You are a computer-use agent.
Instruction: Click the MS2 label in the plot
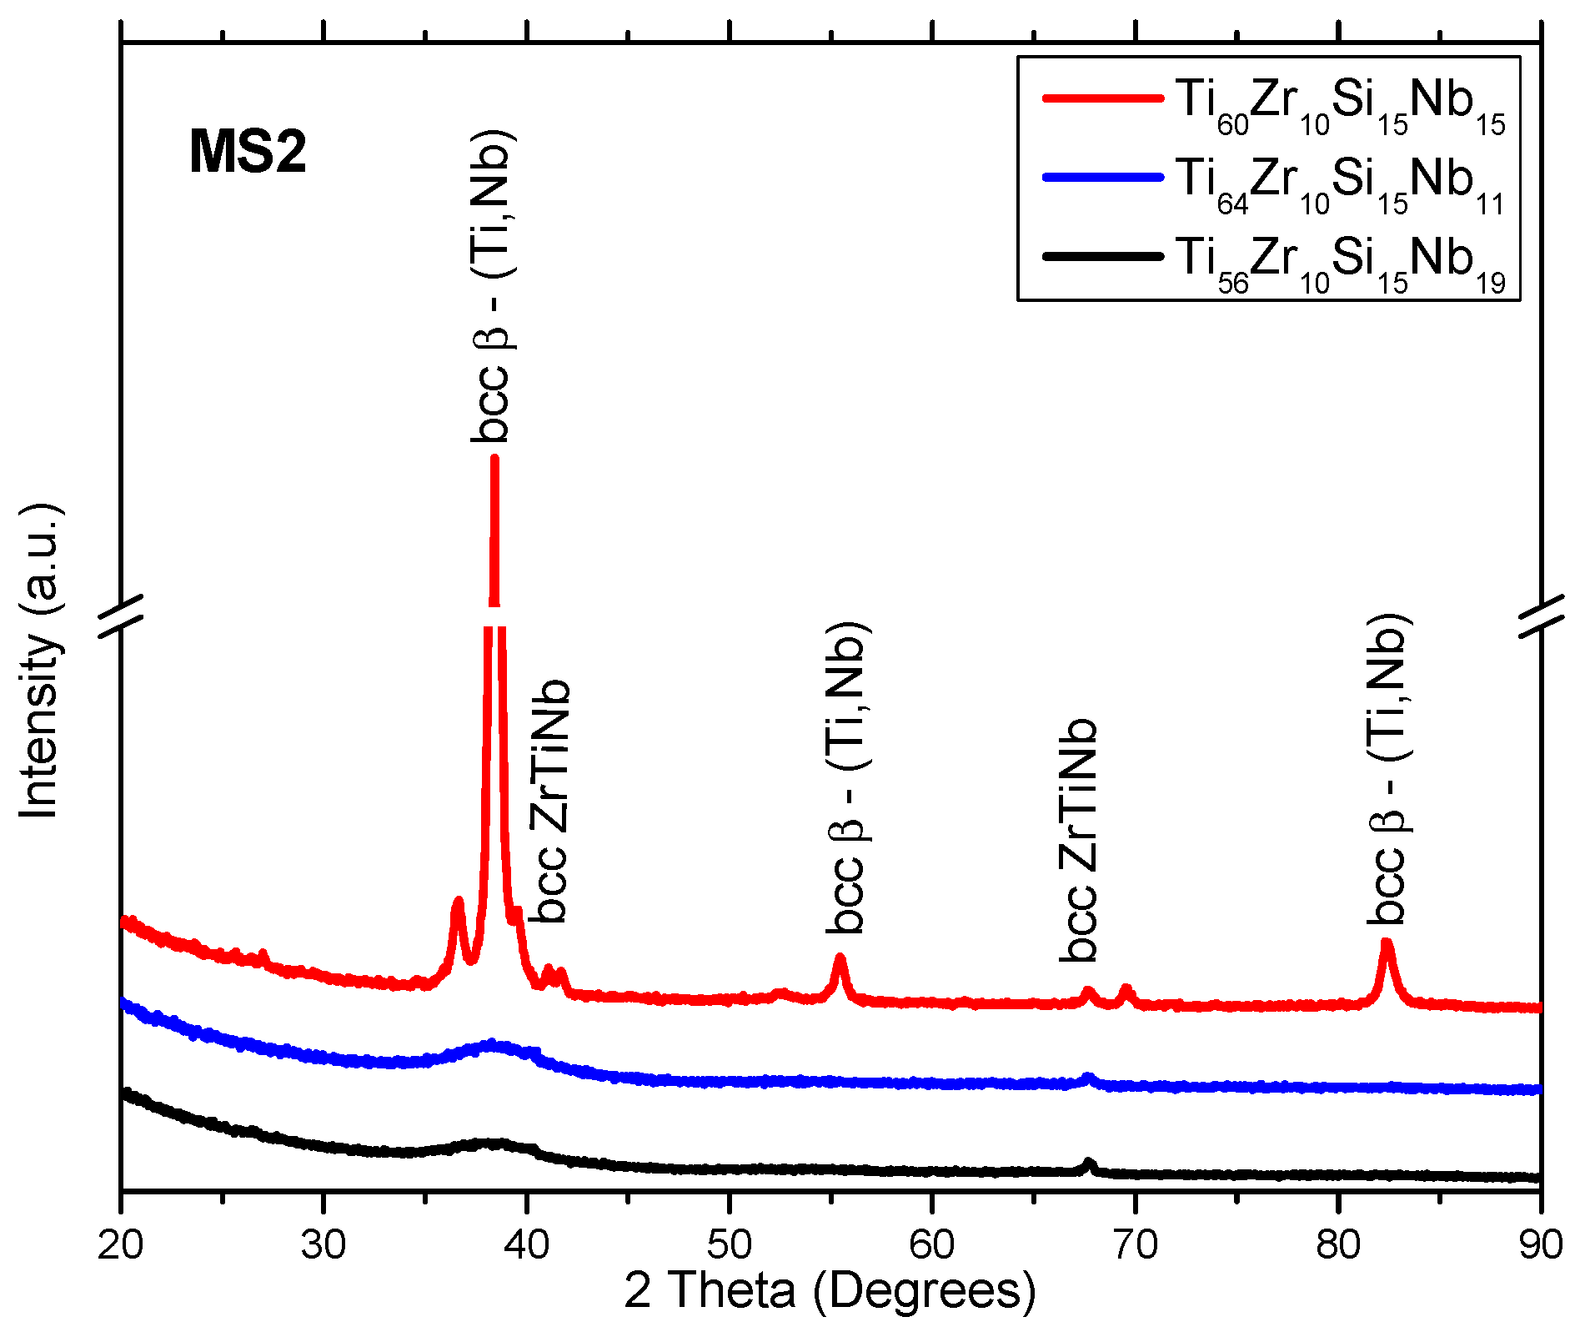(x=248, y=153)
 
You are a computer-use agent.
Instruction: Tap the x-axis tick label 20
(x=121, y=1244)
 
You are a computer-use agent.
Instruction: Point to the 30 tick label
(x=324, y=1244)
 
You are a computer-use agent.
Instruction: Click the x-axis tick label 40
(x=526, y=1244)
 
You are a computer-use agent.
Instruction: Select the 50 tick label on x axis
(x=730, y=1244)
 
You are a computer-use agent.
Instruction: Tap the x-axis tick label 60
(x=932, y=1244)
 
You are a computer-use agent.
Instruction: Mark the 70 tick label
(x=1135, y=1244)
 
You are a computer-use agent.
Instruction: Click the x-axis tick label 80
(x=1338, y=1244)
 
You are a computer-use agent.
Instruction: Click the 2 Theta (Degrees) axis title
(x=830, y=1291)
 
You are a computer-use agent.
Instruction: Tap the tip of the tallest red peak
(x=494, y=458)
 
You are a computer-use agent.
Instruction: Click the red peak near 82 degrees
(x=1387, y=942)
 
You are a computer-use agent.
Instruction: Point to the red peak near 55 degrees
(x=840, y=958)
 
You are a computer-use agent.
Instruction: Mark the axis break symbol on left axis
(x=122, y=617)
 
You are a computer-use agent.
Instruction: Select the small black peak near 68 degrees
(x=1088, y=1162)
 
